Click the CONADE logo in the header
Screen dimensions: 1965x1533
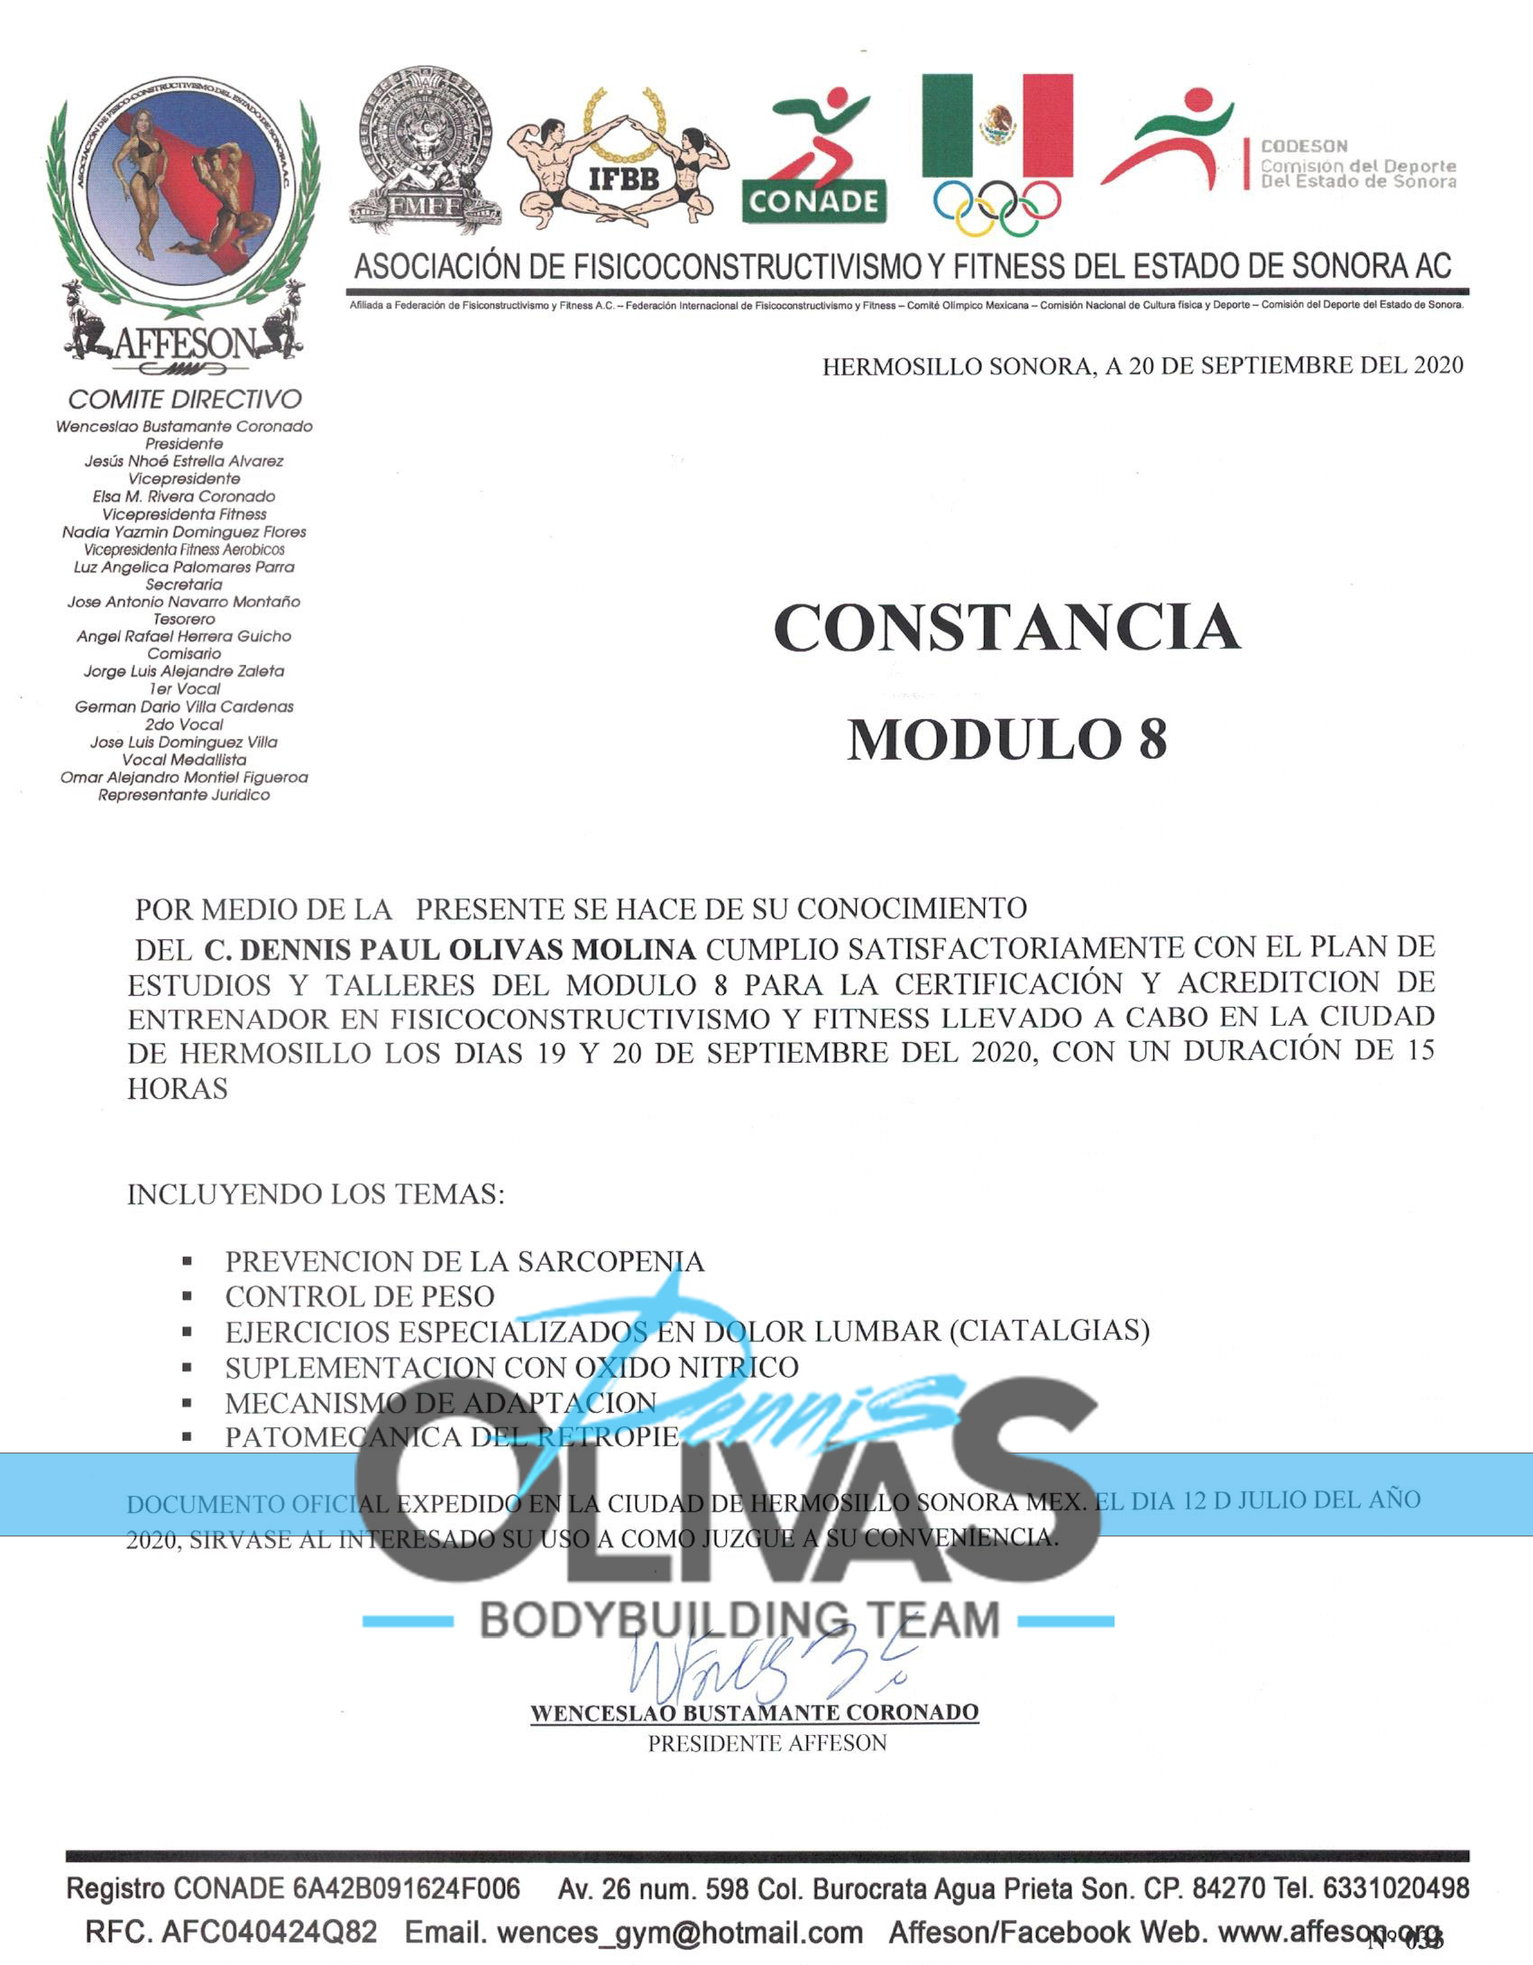pos(813,155)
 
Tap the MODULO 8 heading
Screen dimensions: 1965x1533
pos(1006,740)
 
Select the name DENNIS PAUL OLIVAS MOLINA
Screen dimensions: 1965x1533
pos(450,949)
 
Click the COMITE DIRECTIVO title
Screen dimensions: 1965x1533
pos(185,399)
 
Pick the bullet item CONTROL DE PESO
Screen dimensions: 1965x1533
pos(360,1296)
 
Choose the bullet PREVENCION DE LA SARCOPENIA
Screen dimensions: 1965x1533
pos(464,1261)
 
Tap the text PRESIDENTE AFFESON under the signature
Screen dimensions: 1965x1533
pos(766,1742)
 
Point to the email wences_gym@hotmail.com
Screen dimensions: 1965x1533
pos(680,1932)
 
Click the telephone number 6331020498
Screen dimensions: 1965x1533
pos(1396,1888)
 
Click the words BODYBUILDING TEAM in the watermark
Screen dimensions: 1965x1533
pos(739,1619)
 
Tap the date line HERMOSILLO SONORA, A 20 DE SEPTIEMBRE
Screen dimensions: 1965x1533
pos(1143,365)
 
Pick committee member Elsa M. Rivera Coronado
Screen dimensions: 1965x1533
pos(184,496)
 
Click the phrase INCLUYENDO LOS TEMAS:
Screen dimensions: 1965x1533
pos(316,1195)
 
